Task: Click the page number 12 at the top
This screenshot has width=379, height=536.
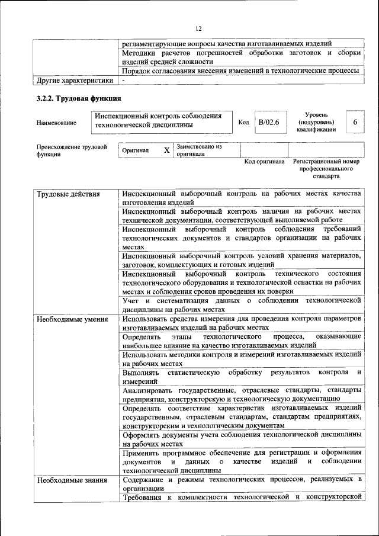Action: [x=198, y=28]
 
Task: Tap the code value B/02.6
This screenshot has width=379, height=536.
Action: [x=268, y=122]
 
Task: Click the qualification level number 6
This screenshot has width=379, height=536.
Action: [x=355, y=122]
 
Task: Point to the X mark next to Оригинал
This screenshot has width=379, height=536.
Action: [x=166, y=150]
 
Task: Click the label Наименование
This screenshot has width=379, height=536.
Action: [x=56, y=123]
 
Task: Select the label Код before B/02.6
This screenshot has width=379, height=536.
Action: [x=243, y=122]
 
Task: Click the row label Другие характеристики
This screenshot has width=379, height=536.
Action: [x=75, y=80]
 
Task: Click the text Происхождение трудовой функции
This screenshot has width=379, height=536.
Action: [x=71, y=150]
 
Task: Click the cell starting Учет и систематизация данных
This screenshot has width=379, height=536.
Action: [x=242, y=305]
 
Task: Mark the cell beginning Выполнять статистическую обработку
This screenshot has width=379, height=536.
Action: [x=242, y=377]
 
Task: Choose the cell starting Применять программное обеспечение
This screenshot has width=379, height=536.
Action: [x=242, y=461]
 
